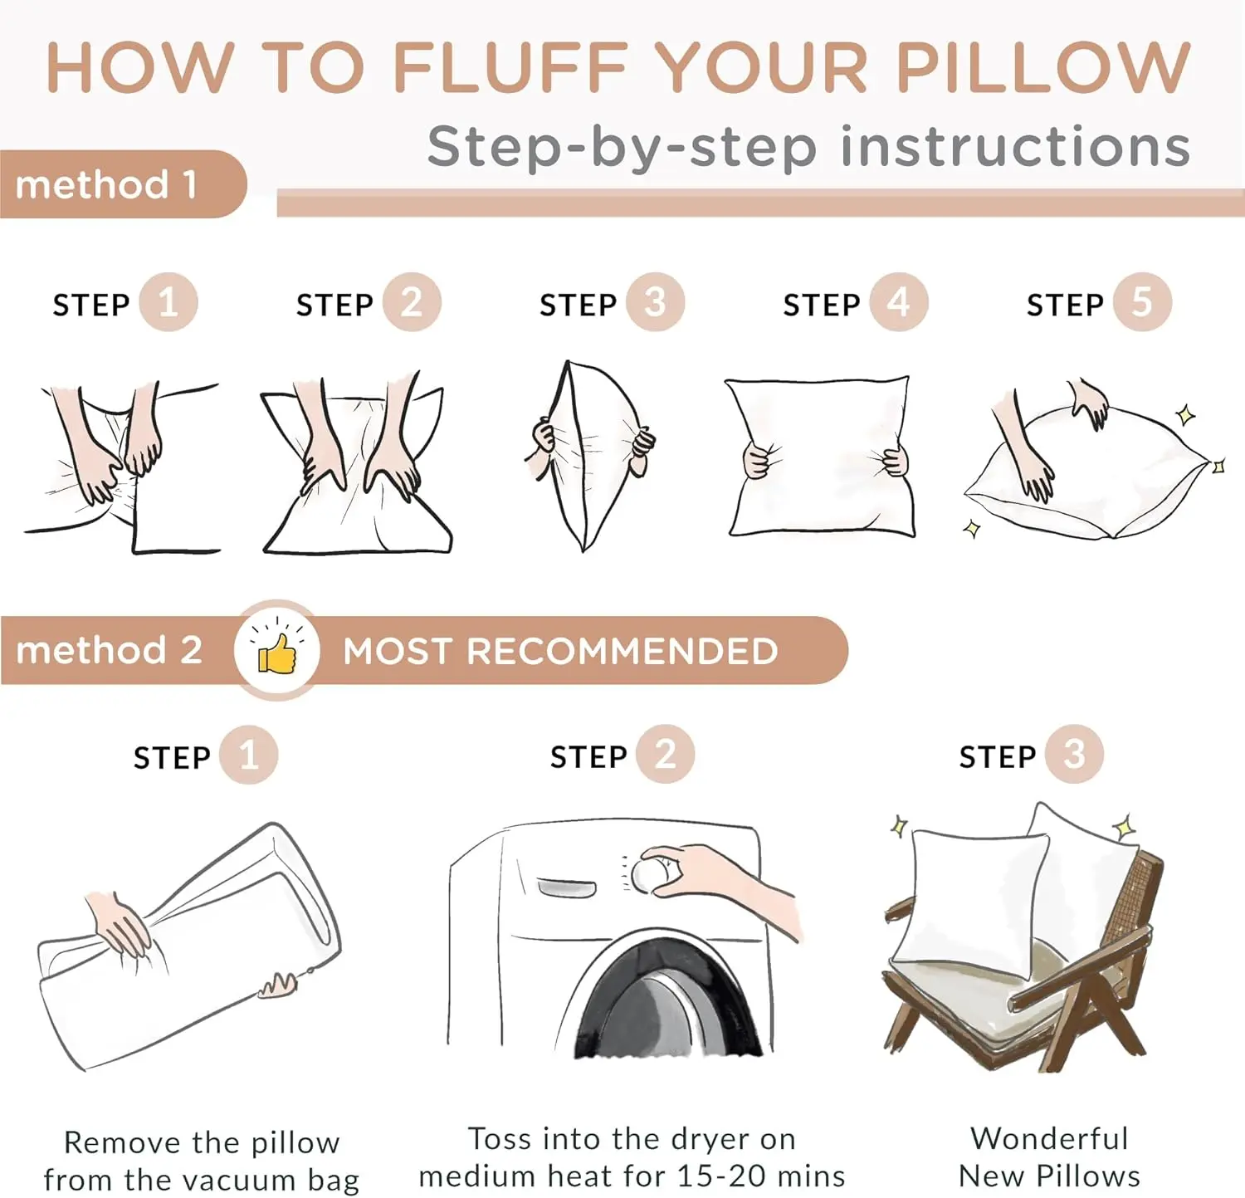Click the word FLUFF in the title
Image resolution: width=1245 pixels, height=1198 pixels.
(510, 67)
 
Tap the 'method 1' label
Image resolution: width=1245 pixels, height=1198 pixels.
(106, 184)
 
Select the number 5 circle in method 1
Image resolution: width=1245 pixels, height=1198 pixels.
(1142, 302)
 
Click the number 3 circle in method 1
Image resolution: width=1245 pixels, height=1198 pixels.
(655, 302)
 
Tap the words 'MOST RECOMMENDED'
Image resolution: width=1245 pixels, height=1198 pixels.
(560, 652)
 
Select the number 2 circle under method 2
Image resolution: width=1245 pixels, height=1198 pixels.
(665, 754)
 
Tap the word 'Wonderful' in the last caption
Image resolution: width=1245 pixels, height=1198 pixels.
(1049, 1138)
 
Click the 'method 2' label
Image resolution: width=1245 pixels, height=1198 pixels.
(109, 650)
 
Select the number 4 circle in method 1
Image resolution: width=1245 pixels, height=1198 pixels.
(899, 302)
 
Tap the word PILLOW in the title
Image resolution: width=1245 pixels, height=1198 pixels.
(1043, 67)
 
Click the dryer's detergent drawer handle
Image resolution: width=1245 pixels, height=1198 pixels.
(567, 888)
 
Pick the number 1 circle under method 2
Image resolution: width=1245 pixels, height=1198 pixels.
(248, 755)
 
